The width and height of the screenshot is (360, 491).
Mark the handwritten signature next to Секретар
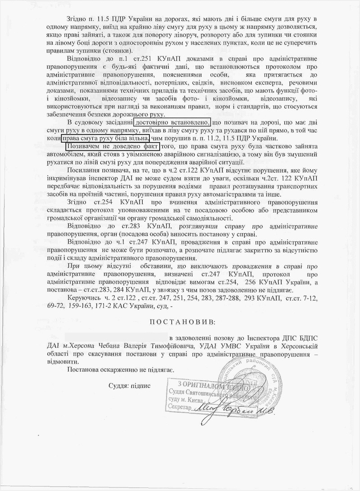(234, 409)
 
